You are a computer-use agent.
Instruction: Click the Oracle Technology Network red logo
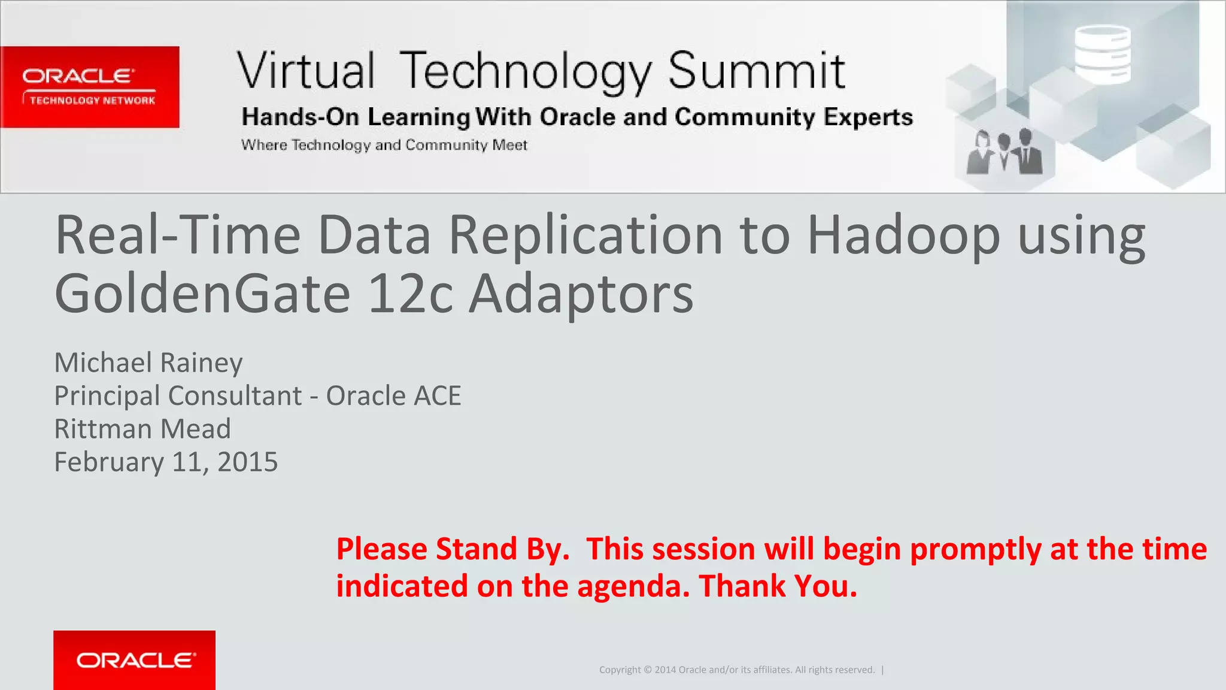point(90,87)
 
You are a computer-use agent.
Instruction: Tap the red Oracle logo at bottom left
point(134,659)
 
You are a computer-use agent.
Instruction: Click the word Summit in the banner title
point(756,71)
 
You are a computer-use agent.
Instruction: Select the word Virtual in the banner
point(306,71)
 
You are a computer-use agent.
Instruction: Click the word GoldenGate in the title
point(202,294)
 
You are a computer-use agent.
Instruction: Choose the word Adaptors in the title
point(581,294)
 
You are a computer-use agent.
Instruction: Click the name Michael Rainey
point(148,363)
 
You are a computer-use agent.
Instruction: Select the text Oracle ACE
point(393,396)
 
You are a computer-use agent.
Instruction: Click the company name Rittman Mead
point(142,429)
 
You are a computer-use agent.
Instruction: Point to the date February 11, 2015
point(166,462)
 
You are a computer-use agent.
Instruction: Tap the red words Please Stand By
point(453,549)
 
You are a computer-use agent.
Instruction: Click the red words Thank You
point(778,586)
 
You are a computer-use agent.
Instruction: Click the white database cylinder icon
point(1102,54)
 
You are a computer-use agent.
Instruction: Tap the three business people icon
point(1004,152)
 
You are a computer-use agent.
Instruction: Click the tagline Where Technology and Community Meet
point(384,145)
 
